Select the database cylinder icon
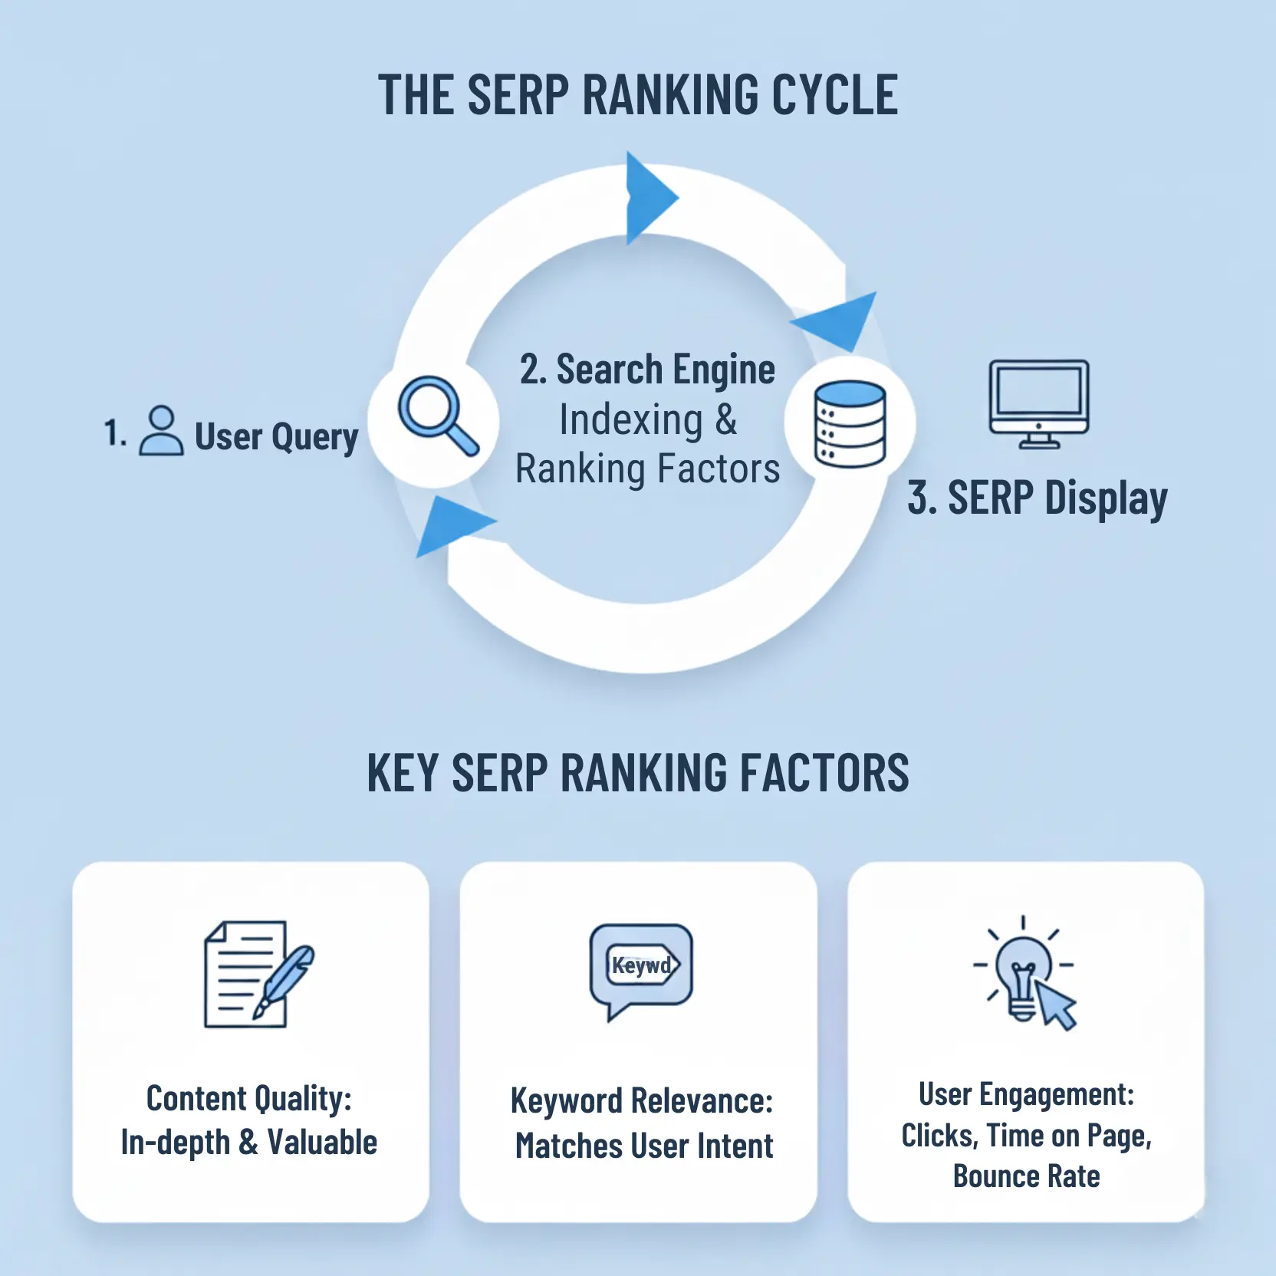pyautogui.click(x=849, y=423)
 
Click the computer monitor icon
pyautogui.click(x=1039, y=403)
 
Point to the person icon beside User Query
pyautogui.click(x=161, y=432)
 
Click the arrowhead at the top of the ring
pyautogui.click(x=648, y=198)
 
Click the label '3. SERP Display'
pyautogui.click(x=1037, y=498)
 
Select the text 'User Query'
pyautogui.click(x=276, y=437)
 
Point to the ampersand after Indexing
pyautogui.click(x=725, y=420)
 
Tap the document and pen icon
pyautogui.click(x=257, y=974)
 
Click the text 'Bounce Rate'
pyautogui.click(x=1026, y=1176)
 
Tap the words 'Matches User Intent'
pyautogui.click(x=644, y=1146)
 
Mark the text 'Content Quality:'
pyautogui.click(x=249, y=1099)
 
